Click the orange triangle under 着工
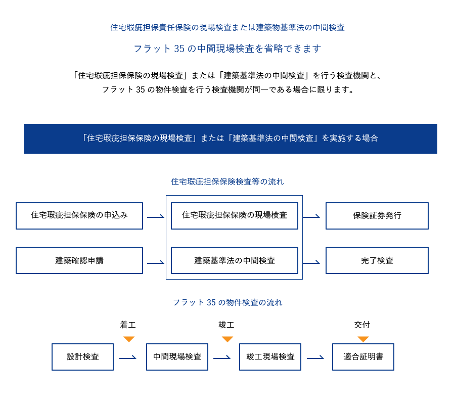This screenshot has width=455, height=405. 129,339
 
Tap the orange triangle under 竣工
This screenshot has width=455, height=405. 227,339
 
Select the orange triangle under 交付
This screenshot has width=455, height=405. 363,339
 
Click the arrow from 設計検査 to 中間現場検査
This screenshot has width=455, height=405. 128,358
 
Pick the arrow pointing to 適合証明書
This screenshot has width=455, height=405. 315,358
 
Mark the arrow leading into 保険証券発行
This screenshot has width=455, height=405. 311,217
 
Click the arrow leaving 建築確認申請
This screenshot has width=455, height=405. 156,263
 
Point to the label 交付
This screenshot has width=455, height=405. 362,325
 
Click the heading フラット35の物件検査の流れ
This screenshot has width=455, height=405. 227,302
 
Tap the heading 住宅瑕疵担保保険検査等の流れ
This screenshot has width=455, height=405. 227,182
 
